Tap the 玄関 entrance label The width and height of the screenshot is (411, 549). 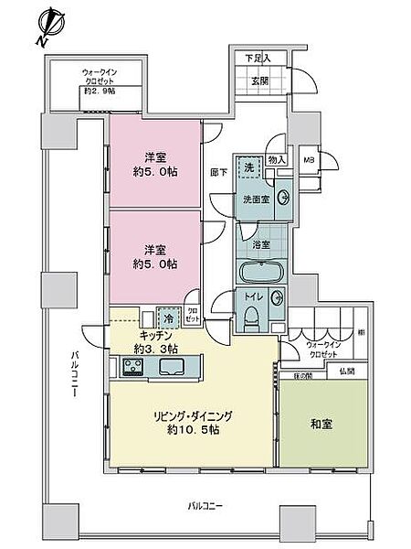coord(251,80)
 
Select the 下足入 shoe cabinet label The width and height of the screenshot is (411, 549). coord(250,59)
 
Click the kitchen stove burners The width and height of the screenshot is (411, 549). coord(131,368)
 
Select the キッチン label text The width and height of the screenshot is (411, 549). coord(131,336)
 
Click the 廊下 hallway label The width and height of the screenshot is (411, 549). coord(219,171)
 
